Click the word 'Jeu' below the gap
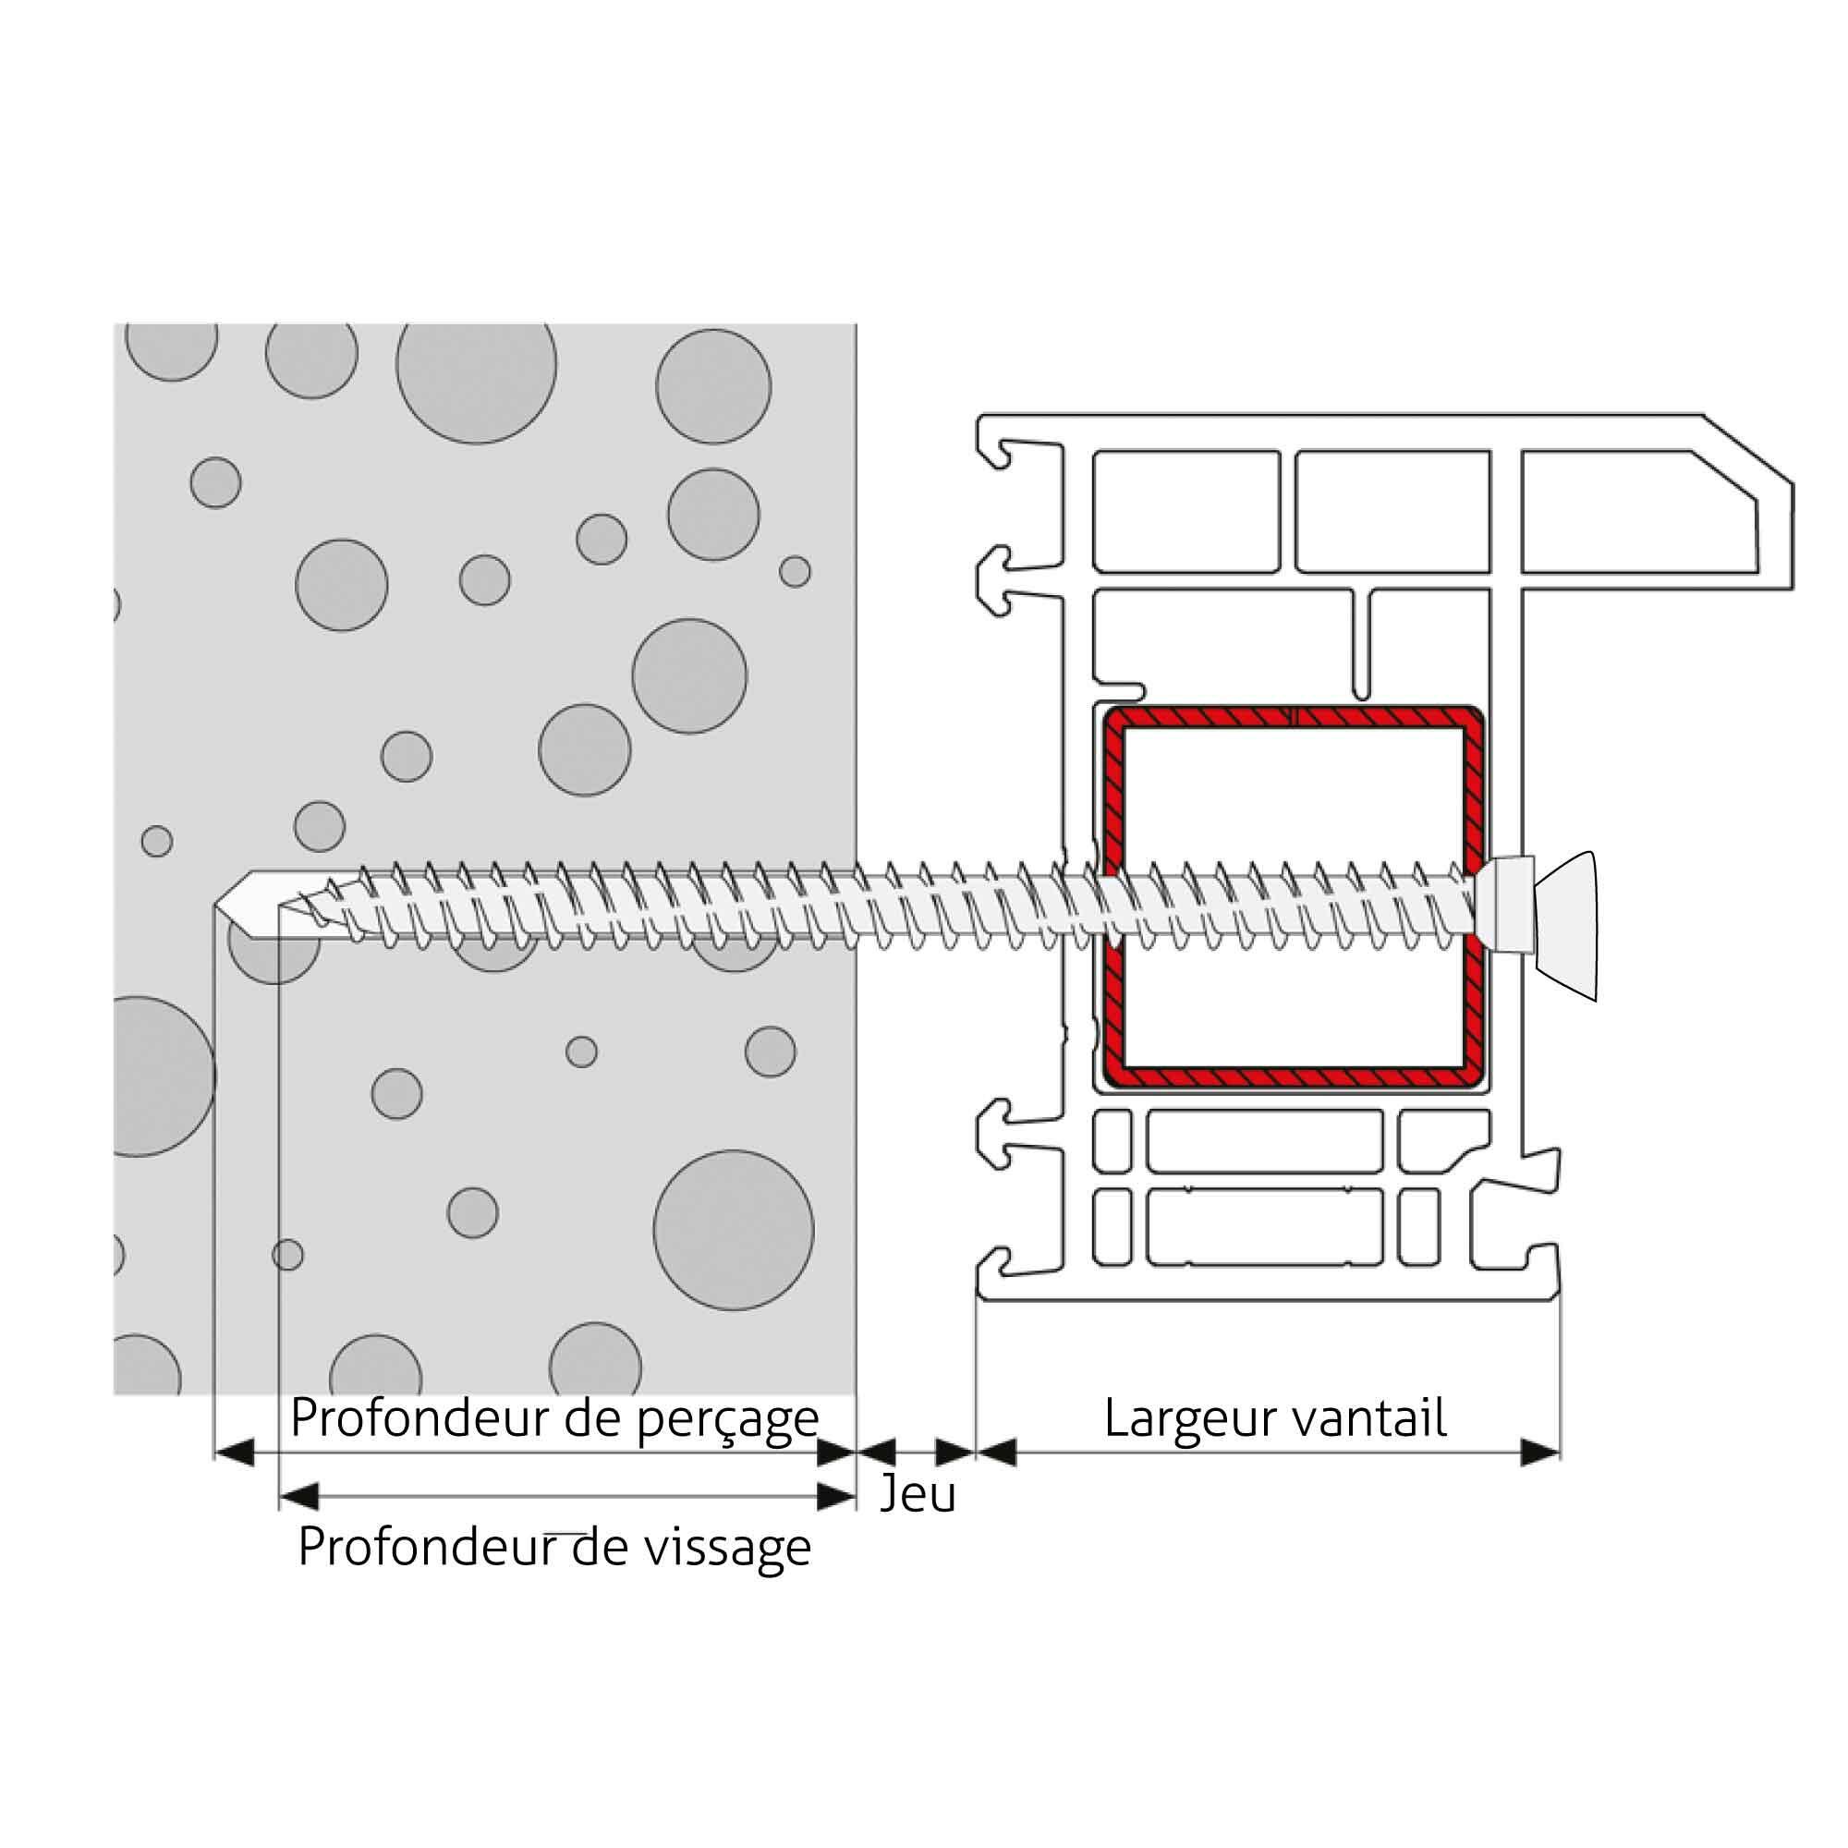click(918, 1494)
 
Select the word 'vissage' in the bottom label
click(727, 1547)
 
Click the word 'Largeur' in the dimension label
click(1184, 1420)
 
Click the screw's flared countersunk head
click(1565, 925)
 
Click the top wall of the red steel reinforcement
click(1294, 717)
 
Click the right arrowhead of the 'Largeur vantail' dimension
click(1540, 1453)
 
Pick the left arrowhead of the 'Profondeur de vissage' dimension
click(298, 1496)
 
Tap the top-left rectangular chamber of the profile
click(1186, 511)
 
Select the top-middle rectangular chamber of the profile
click(1393, 511)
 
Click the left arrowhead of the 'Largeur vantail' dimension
click(996, 1453)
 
